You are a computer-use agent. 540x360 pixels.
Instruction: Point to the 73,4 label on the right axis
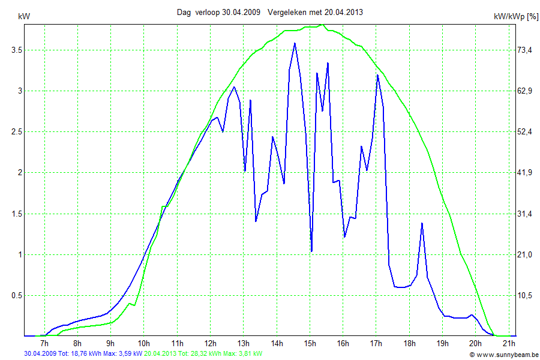[525, 50]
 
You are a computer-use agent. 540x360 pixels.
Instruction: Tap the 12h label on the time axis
[210, 343]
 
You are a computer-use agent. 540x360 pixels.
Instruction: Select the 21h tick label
[509, 343]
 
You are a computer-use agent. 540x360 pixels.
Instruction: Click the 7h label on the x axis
[44, 343]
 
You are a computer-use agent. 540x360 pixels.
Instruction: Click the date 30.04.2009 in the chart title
[240, 12]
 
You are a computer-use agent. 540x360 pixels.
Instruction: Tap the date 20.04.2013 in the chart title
[343, 12]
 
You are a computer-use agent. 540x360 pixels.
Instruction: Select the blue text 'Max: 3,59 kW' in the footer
[122, 354]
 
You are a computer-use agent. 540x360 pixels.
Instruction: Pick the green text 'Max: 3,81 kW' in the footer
[242, 354]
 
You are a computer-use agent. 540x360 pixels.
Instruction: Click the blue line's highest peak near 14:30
[295, 43]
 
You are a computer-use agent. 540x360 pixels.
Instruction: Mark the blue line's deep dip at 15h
[311, 251]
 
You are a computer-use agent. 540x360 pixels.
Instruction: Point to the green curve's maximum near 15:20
[323, 25]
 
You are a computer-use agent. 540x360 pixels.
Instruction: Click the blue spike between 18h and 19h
[422, 223]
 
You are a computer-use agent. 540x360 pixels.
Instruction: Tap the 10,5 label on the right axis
[525, 296]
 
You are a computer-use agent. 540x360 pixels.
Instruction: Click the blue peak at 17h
[377, 75]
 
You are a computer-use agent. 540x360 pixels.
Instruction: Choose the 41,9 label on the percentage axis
[525, 173]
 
